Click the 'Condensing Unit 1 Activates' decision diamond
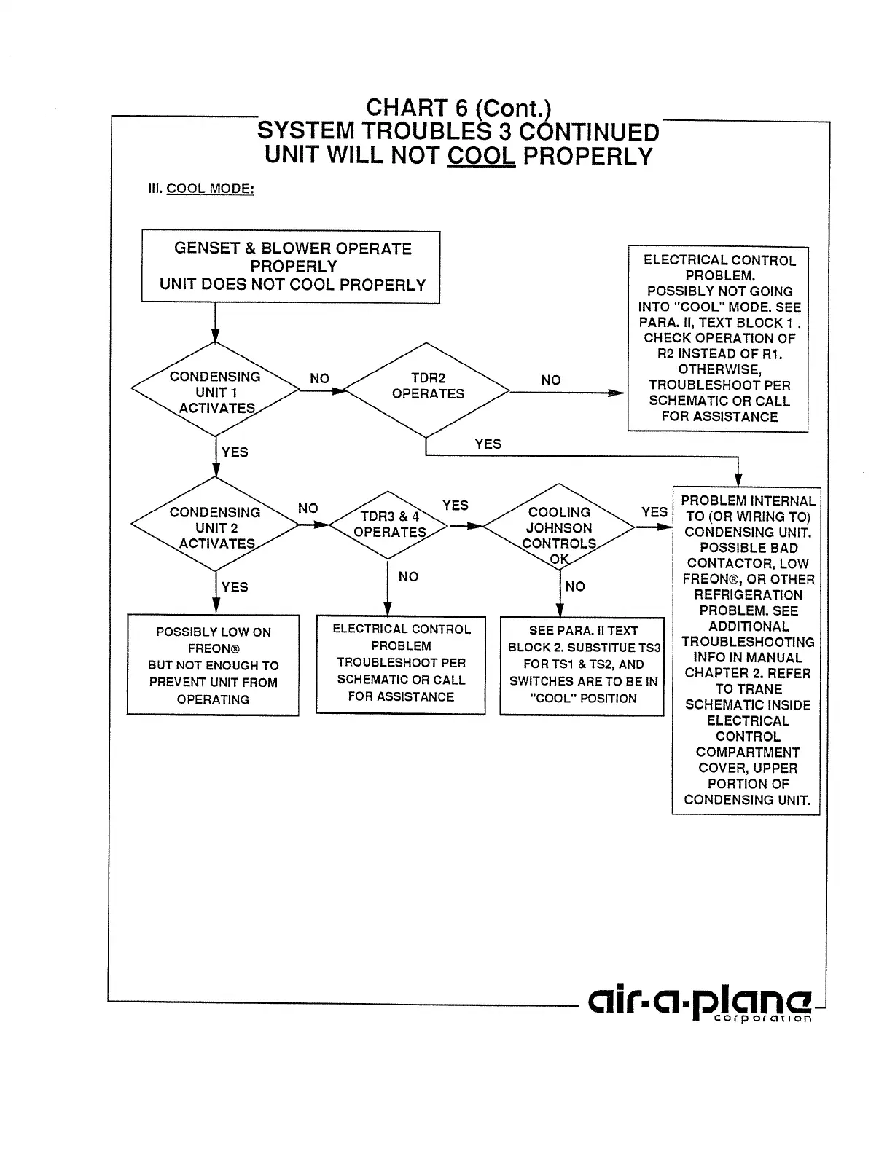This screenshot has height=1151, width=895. click(215, 391)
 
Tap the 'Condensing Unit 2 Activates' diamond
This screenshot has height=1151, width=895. click(215, 527)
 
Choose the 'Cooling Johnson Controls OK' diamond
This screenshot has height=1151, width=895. click(559, 528)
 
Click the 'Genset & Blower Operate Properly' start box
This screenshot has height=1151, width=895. click(291, 267)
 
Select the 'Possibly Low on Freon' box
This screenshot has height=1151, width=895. click(213, 665)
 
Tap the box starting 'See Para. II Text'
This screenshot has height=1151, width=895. click(582, 665)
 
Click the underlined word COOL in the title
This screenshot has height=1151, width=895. click(481, 156)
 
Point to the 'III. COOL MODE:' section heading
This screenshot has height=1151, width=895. click(201, 189)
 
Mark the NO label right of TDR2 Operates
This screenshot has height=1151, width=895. click(551, 380)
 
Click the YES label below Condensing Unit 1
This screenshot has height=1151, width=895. click(235, 452)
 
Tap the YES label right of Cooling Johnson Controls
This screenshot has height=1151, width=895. click(654, 512)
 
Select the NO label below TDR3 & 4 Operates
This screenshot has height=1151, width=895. click(408, 577)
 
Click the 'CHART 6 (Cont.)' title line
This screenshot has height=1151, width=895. click(458, 108)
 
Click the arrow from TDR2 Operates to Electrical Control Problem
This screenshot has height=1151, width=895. click(567, 393)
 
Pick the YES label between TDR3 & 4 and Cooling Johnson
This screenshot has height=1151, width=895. click(455, 506)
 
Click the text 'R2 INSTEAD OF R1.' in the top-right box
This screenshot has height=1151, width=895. click(719, 354)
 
